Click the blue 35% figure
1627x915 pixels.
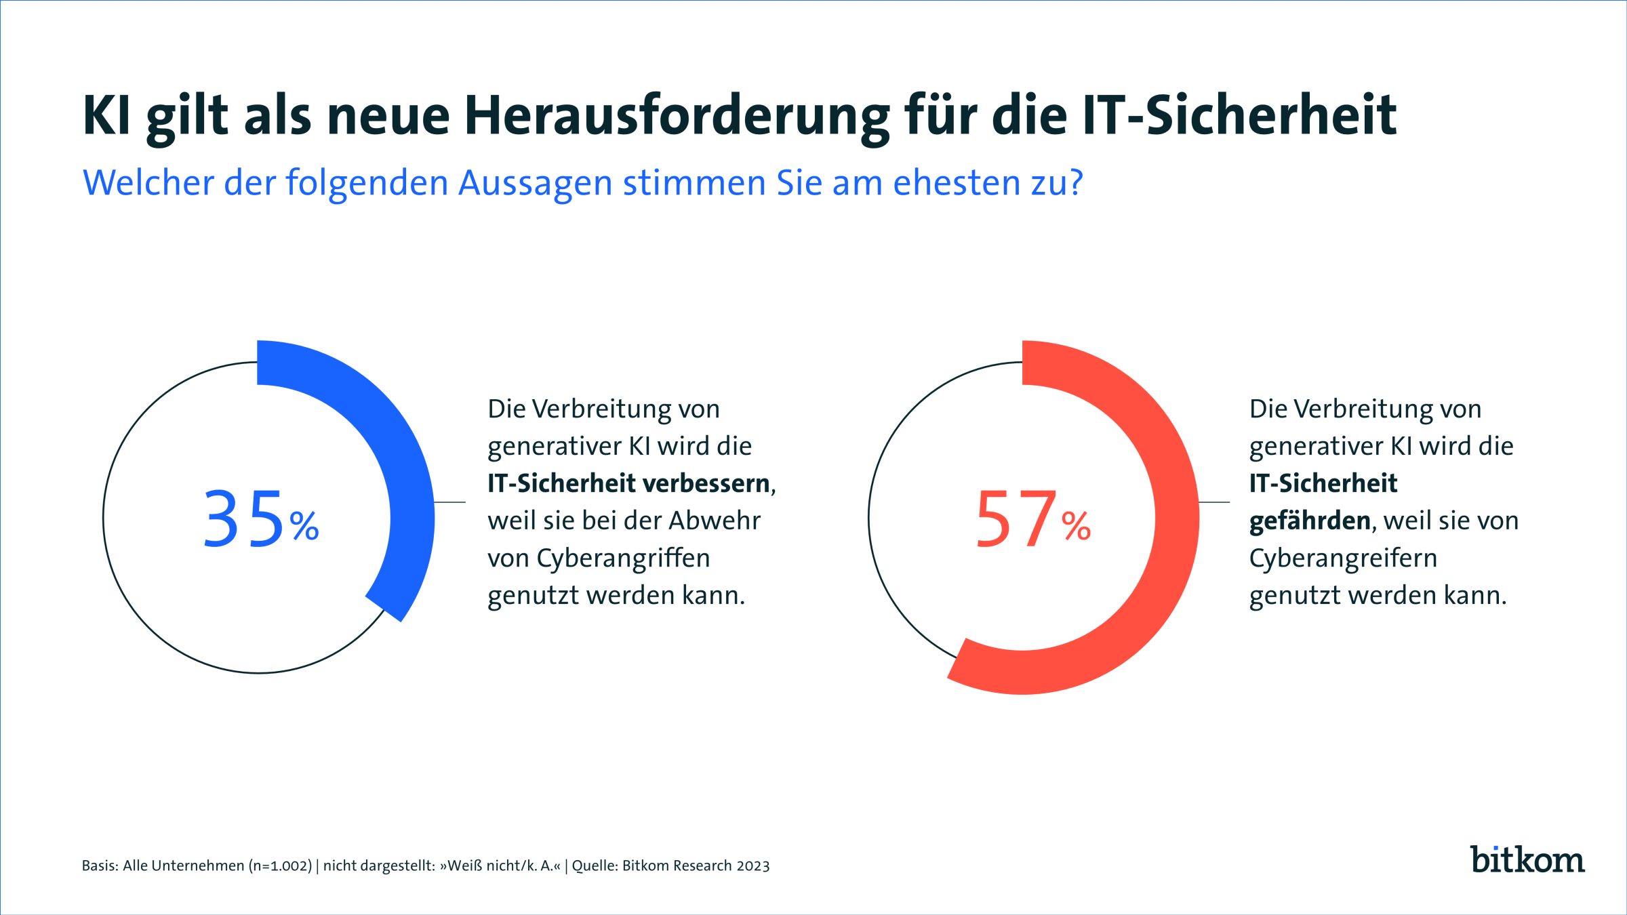coord(260,519)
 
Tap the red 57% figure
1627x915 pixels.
coord(1032,519)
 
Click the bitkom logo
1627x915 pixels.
coord(1527,859)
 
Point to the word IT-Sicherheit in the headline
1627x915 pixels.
coord(1239,115)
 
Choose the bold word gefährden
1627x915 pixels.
coord(1310,521)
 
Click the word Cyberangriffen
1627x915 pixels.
coord(624,558)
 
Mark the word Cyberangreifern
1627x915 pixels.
coord(1343,558)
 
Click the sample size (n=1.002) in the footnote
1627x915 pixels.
coord(280,866)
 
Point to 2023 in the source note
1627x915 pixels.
coord(752,866)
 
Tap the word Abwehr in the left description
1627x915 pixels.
coord(715,521)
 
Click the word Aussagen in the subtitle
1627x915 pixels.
coord(536,183)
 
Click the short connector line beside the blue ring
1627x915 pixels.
coord(449,502)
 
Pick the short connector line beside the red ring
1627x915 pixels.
coord(1214,502)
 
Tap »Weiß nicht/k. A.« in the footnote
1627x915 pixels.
coord(500,866)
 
